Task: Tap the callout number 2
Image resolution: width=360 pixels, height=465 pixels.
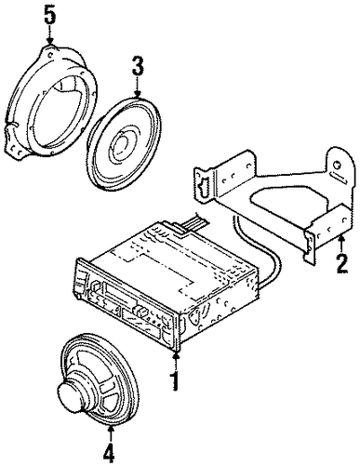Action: coord(341,262)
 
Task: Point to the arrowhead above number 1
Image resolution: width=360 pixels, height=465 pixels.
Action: coord(176,354)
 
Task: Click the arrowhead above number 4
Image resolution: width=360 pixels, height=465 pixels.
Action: coord(110,428)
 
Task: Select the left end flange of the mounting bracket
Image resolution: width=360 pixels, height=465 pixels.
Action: coord(203,185)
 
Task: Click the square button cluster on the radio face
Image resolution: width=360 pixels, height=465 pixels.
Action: coord(140,310)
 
